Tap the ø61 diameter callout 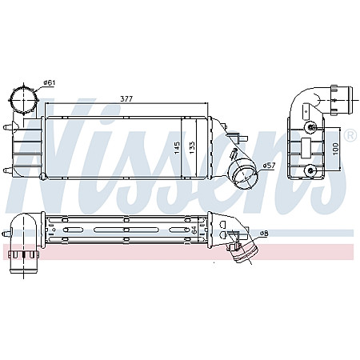pos(49,83)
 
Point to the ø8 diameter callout pos(263,233)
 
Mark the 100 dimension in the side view pos(337,147)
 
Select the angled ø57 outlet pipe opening pos(240,172)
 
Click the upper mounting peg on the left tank pos(7,127)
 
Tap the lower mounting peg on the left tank pos(7,169)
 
